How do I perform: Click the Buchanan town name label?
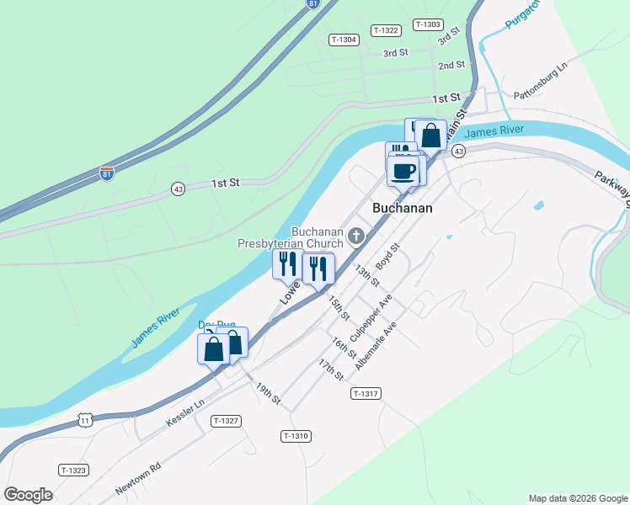(403, 208)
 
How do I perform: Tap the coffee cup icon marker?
(402, 171)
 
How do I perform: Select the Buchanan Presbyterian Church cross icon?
(356, 237)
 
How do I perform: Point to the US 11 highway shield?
(85, 419)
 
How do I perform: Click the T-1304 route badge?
(344, 40)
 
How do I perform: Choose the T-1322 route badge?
(385, 30)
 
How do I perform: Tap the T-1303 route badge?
(428, 24)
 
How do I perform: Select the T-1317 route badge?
(367, 394)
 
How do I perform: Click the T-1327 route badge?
(227, 420)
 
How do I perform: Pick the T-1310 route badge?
(296, 435)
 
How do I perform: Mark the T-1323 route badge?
(73, 470)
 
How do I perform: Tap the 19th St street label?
(268, 392)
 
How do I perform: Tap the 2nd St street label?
(451, 65)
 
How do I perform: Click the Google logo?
(28, 495)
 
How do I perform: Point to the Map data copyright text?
(577, 498)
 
